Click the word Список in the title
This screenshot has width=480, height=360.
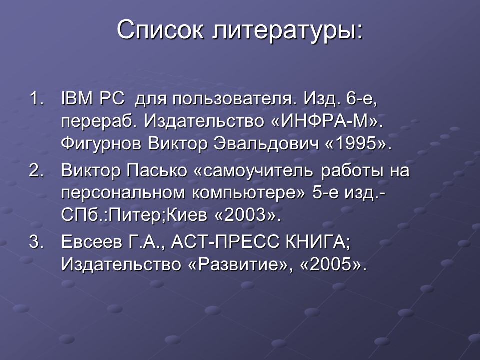(x=160, y=31)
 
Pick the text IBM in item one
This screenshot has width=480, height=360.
(x=77, y=98)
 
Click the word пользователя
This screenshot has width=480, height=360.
(x=231, y=99)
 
